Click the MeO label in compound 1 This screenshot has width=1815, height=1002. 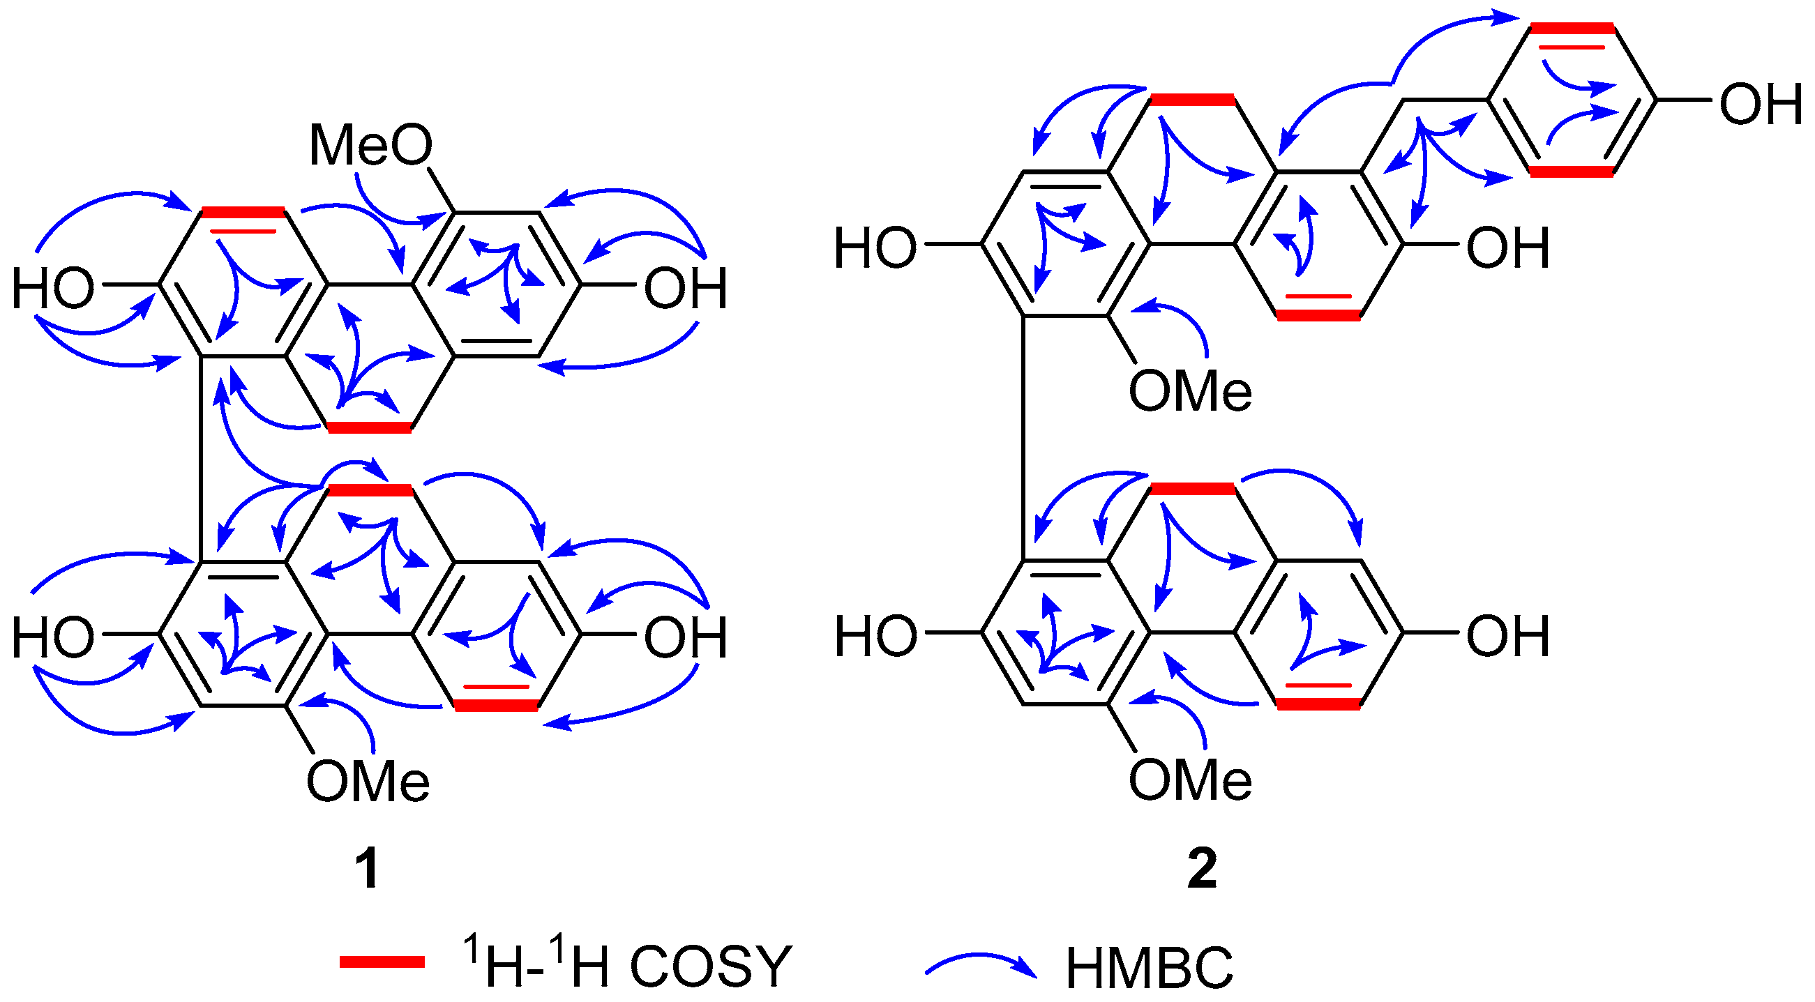pyautogui.click(x=370, y=146)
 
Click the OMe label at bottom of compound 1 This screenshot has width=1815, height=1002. pyautogui.click(x=368, y=782)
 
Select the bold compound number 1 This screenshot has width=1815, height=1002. pyautogui.click(x=367, y=869)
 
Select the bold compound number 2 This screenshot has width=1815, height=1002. pyautogui.click(x=1202, y=869)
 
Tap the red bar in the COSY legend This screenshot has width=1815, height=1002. pyautogui.click(x=382, y=962)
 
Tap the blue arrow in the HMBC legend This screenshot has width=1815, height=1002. pyautogui.click(x=981, y=964)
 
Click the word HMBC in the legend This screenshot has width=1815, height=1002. pyautogui.click(x=1149, y=969)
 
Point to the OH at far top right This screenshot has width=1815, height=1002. pyautogui.click(x=1760, y=104)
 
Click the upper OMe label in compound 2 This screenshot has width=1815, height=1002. pyautogui.click(x=1190, y=390)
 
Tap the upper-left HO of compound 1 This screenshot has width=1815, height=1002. pyautogui.click(x=54, y=289)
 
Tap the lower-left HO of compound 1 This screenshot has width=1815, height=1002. pyautogui.click(x=54, y=637)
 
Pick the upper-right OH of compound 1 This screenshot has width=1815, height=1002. pyautogui.click(x=686, y=289)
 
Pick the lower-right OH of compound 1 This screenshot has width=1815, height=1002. pyautogui.click(x=686, y=637)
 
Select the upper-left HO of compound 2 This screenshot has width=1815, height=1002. pyautogui.click(x=876, y=248)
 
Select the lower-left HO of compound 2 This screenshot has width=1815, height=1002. pyautogui.click(x=876, y=637)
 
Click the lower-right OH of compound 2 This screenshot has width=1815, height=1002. pyautogui.click(x=1508, y=637)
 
